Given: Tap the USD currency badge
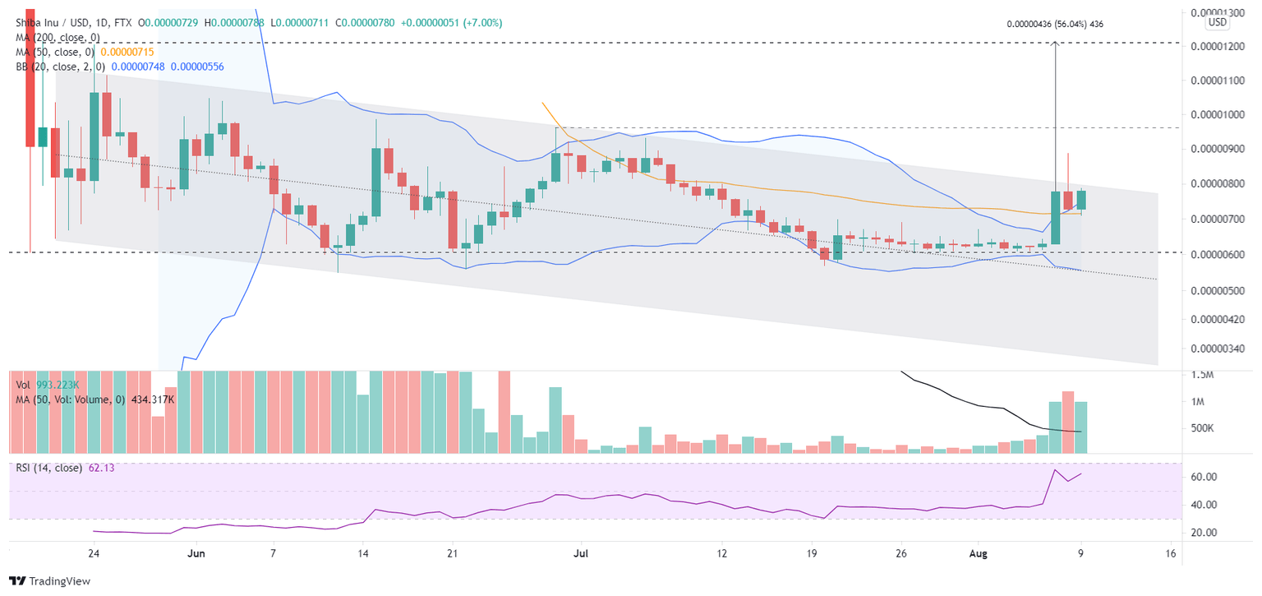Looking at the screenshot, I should [1217, 22].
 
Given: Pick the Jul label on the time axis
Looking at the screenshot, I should [581, 553].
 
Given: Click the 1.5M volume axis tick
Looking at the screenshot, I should [1203, 376].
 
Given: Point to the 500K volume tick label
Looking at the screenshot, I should [1203, 428].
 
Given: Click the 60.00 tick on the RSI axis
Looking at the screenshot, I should [1204, 477].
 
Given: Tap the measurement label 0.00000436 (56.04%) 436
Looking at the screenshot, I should [1055, 25].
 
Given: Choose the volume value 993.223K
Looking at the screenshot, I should [62, 384].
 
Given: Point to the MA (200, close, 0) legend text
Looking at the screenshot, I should [54, 37].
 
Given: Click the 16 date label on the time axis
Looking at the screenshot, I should [1171, 553].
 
